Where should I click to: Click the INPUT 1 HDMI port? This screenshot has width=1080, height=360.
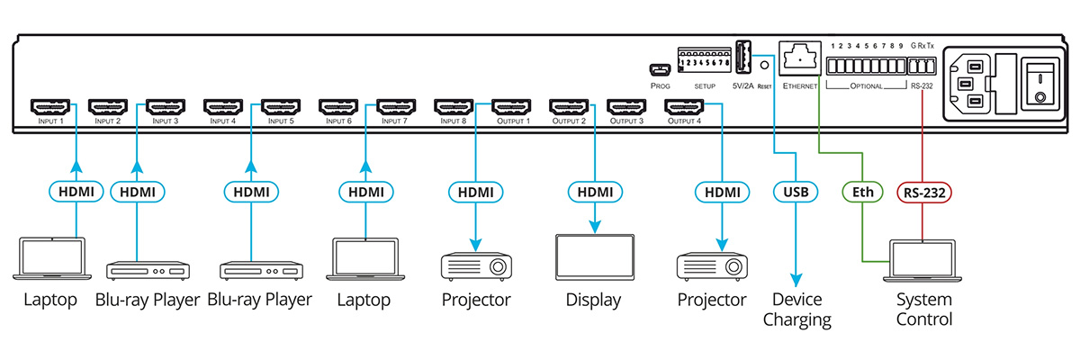tap(52, 107)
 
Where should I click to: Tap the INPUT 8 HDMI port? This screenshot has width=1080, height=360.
tap(455, 107)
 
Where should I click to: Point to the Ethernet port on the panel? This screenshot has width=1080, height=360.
tap(797, 62)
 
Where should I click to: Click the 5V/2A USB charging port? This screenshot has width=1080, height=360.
tap(744, 59)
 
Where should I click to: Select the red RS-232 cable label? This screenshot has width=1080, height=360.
tap(922, 191)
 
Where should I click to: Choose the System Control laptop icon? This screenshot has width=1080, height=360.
tap(923, 262)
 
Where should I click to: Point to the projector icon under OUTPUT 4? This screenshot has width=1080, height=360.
tap(712, 266)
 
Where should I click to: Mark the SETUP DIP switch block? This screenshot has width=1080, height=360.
tap(704, 64)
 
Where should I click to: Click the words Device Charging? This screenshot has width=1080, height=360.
tap(796, 309)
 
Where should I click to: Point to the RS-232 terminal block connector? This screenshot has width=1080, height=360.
tap(922, 67)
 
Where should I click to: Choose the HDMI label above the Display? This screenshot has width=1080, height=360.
tap(593, 191)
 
